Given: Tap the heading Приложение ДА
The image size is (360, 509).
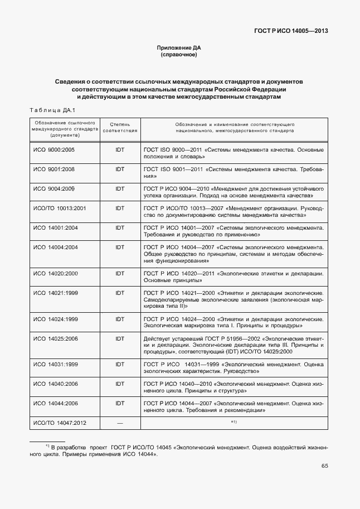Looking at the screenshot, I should (179, 49).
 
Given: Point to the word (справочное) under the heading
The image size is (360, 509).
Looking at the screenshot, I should (179, 55).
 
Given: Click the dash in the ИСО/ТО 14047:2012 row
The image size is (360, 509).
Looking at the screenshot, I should (120, 423).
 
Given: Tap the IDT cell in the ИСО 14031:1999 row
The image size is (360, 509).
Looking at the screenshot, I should (120, 365).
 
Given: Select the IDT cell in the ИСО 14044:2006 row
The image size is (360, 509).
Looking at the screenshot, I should (120, 404).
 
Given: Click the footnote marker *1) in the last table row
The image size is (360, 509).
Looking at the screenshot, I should (234, 423).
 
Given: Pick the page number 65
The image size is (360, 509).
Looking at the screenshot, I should (324, 481).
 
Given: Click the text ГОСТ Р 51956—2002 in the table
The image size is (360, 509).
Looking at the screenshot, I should (216, 338).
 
